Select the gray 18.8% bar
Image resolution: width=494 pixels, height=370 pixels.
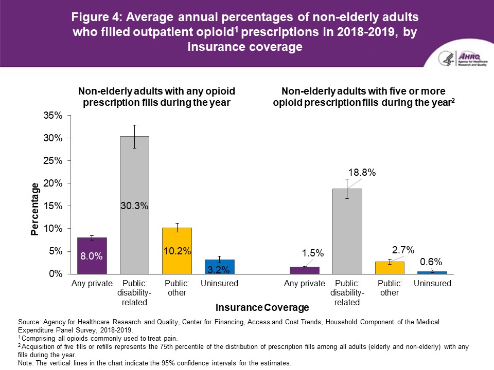[347, 231]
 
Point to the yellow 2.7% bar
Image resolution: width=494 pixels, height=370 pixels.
[390, 268]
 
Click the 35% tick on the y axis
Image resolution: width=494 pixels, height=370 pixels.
[52, 116]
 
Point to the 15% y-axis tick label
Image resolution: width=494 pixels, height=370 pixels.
[52, 206]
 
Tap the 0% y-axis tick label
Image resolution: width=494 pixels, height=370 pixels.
[55, 274]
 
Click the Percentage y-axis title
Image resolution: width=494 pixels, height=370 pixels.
[34, 208]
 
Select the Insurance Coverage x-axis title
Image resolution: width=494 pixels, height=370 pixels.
[262, 308]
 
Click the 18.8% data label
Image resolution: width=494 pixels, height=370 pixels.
[362, 173]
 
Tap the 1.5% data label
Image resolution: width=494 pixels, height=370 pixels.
[312, 253]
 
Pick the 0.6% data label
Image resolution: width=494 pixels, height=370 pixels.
[431, 261]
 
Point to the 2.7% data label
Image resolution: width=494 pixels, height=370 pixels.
[403, 250]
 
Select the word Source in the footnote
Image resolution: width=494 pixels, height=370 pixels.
[29, 322]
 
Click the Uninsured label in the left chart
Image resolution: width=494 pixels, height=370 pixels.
[220, 284]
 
